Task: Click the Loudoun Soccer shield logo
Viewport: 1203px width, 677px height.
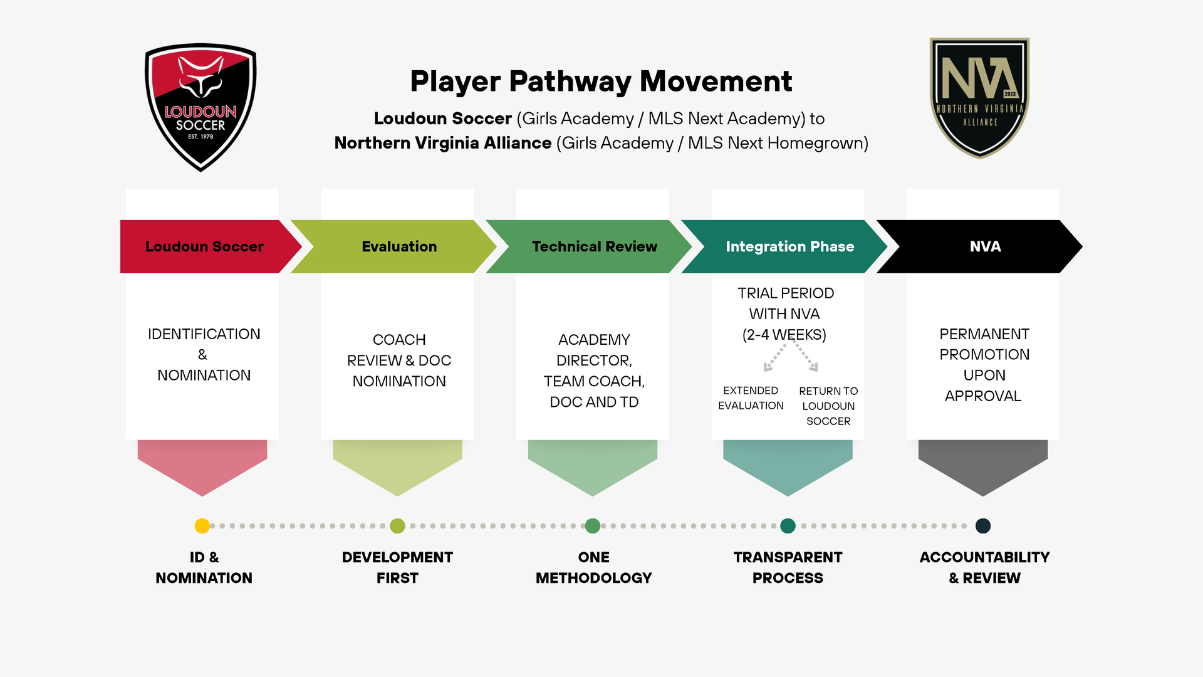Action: pos(200,107)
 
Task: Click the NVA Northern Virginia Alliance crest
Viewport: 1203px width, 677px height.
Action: pos(979,97)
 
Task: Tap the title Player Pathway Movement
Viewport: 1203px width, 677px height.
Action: pos(601,81)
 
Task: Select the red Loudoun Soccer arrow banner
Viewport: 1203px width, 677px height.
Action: pos(204,246)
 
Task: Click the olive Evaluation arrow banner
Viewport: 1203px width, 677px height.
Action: pos(399,246)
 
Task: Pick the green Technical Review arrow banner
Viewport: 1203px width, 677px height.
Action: pos(594,246)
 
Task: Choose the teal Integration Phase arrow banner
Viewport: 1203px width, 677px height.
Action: pos(789,246)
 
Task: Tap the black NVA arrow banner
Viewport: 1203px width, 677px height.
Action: pos(984,246)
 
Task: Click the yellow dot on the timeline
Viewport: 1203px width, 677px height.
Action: pos(202,526)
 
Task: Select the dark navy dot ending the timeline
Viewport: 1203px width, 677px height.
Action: pos(983,526)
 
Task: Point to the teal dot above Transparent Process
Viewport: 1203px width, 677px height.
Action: pos(788,526)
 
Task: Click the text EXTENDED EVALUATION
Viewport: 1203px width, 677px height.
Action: pos(751,398)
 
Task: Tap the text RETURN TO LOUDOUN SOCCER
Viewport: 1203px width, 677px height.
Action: pos(828,406)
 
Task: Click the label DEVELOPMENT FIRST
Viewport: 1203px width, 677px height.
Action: pos(397,567)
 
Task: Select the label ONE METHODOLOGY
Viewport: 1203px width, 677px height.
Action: pos(593,567)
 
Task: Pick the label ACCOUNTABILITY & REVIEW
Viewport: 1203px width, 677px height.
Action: pos(984,567)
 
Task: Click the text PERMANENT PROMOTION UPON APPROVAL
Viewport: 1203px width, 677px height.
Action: pos(984,364)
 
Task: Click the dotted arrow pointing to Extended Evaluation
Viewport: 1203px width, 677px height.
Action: pos(774,359)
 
